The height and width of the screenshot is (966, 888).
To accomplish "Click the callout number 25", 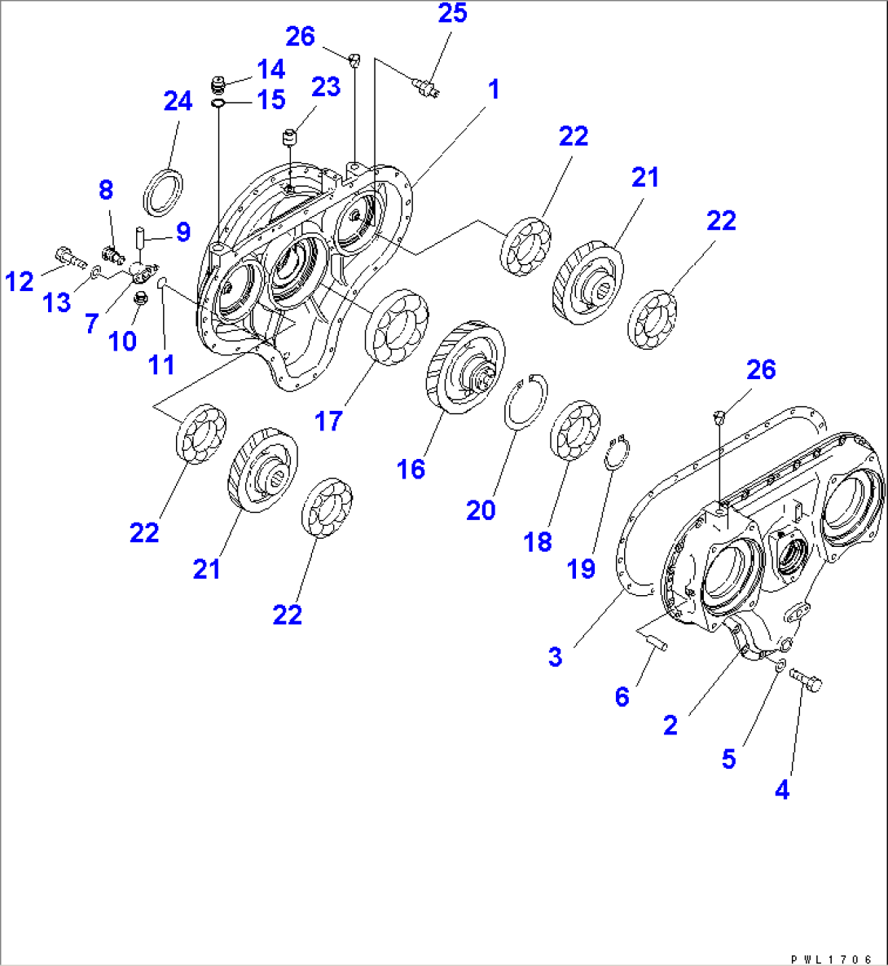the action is pos(453,13).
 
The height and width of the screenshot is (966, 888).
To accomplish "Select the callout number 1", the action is pos(493,90).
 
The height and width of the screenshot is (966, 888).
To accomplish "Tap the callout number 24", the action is pos(178,101).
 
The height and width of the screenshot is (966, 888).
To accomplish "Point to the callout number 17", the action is pos(328,421).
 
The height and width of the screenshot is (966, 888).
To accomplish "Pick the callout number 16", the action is pos(411,470).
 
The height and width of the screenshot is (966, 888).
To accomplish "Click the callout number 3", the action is pos(556,657).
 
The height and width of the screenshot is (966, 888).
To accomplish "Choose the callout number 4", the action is pos(782,790).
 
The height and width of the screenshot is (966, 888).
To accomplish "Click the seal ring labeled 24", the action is pos(163,192).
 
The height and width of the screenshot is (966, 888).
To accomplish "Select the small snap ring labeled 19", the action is pos(617,453).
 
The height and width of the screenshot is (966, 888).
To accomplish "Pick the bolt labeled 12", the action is pos(69,257).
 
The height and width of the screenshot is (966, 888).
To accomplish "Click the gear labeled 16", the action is pos(465,367).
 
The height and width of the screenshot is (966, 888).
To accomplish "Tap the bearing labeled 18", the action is pos(575,430).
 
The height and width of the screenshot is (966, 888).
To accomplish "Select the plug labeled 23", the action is pos(290,137).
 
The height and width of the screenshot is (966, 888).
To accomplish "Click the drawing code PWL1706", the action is pos(831,959).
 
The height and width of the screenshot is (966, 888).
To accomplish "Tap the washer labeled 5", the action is pos(778,664).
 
